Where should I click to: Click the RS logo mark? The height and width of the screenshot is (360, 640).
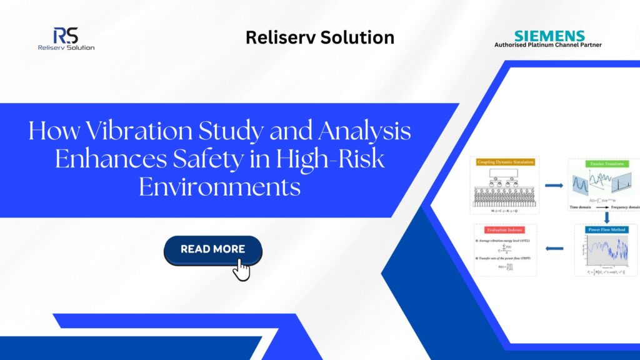[66, 35]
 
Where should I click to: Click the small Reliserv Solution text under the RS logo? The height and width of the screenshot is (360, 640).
[66, 47]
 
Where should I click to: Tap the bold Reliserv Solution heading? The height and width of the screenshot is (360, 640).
[319, 37]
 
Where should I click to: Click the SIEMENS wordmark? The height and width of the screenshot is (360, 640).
[549, 36]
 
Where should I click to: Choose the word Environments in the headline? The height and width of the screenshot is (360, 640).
[219, 186]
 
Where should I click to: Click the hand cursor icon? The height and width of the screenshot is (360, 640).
[241, 269]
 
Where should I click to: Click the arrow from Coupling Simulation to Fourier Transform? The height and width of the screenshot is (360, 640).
[553, 185]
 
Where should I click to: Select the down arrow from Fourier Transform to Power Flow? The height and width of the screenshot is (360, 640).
[607, 216]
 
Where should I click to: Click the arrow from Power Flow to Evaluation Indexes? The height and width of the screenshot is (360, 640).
[553, 249]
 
